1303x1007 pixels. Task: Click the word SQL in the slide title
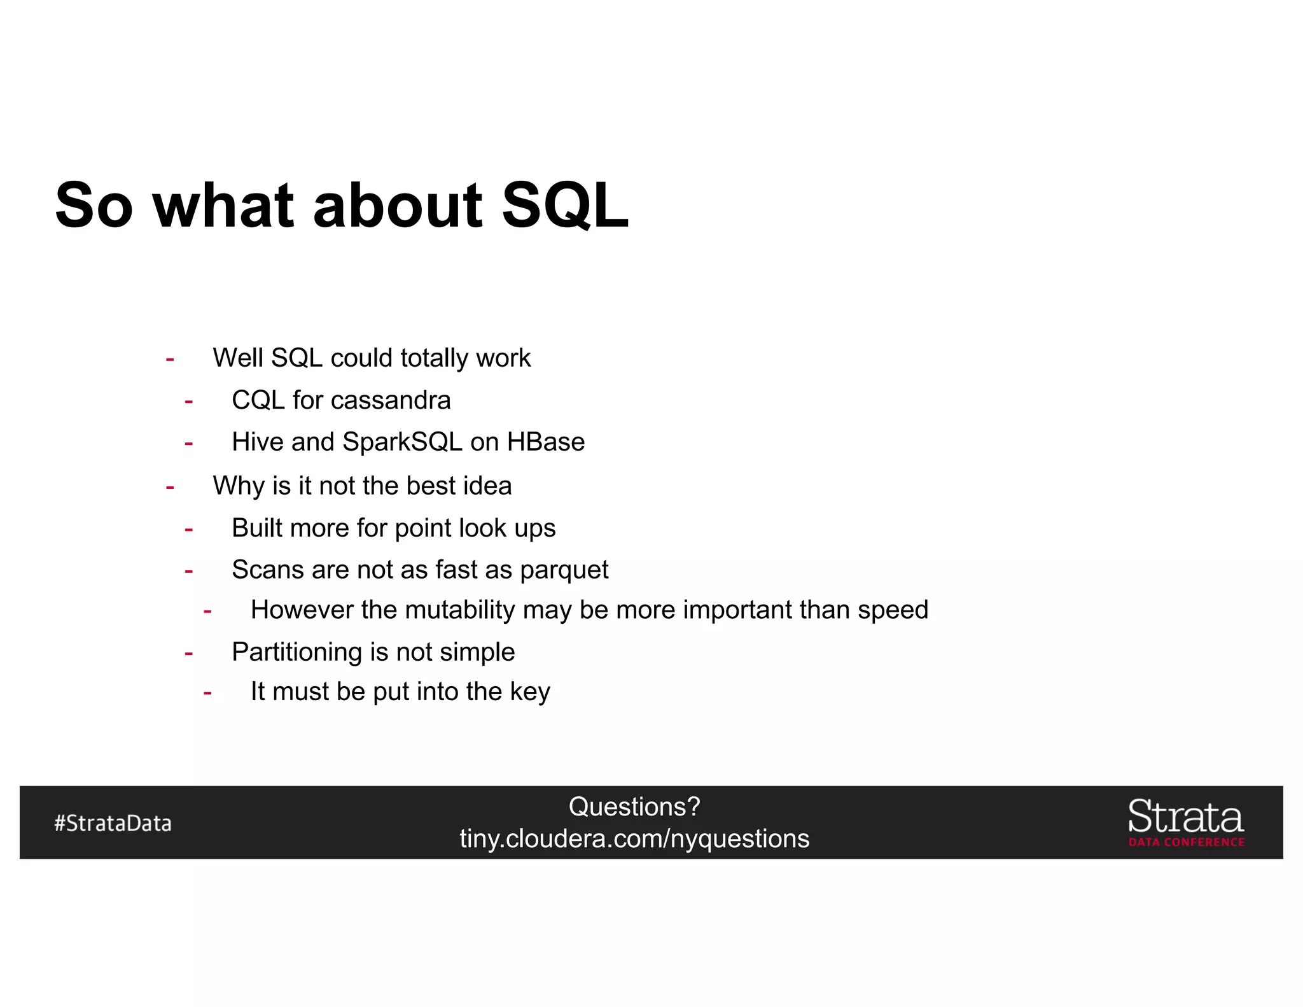click(565, 205)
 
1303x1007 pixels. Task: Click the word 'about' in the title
click(398, 205)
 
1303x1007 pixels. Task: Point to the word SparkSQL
click(402, 442)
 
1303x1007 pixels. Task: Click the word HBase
click(545, 442)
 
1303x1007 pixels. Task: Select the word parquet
click(564, 570)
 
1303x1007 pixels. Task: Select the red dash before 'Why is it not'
click(170, 488)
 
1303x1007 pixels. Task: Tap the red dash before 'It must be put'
click(207, 693)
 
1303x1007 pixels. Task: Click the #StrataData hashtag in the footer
click(113, 823)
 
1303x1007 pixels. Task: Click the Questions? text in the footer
click(634, 806)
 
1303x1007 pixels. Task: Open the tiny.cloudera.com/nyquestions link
click(634, 839)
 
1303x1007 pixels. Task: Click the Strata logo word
click(1185, 817)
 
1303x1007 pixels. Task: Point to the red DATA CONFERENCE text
click(1187, 842)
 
